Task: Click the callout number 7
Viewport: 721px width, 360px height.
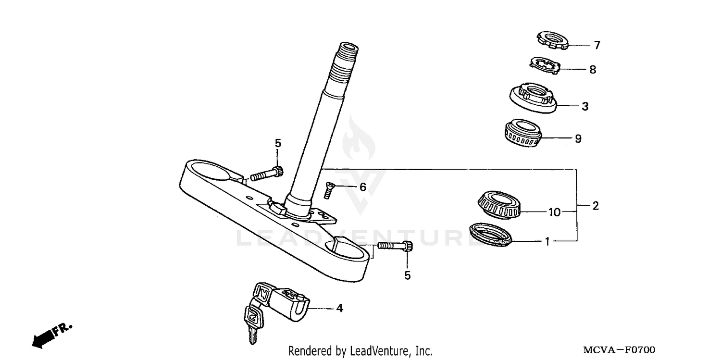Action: (597, 46)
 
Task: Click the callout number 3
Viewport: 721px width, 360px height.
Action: (585, 106)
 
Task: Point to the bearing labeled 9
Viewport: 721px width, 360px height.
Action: (522, 132)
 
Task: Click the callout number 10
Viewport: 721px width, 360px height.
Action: (555, 212)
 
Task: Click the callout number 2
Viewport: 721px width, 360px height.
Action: (596, 206)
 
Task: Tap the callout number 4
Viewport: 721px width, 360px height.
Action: (339, 308)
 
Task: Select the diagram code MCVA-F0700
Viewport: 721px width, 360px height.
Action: (619, 350)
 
